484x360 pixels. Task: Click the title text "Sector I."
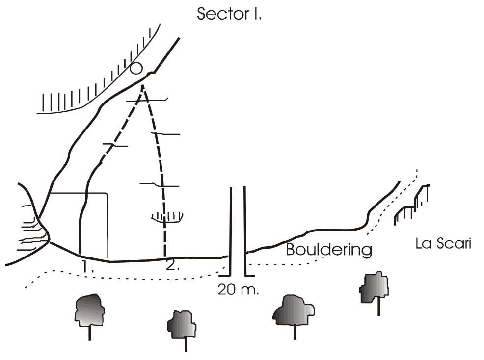[x=229, y=14]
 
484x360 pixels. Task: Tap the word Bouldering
[x=329, y=249]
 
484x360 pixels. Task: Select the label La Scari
[x=443, y=243]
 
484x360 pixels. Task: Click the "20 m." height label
[x=238, y=289]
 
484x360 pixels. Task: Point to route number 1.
[x=87, y=266]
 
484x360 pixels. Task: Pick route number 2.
[x=172, y=265]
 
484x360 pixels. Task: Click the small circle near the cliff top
[x=136, y=69]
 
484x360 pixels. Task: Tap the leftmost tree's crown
[x=89, y=309]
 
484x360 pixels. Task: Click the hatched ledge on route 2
[x=167, y=218]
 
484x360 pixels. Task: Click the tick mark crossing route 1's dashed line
[x=115, y=145]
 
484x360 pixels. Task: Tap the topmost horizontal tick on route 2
[x=147, y=100]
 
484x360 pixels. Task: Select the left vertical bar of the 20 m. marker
[x=230, y=231]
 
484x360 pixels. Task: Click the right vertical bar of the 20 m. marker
[x=245, y=231]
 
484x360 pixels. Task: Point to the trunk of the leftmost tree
[x=89, y=333]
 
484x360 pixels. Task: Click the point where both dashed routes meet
[x=143, y=86]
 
